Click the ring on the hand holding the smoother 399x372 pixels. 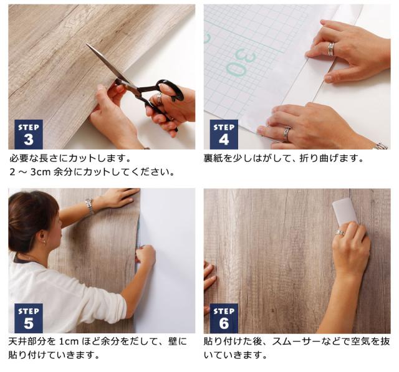340,233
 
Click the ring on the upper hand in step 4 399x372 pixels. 331,49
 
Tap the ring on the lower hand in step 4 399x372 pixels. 287,133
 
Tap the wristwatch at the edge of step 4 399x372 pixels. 380,146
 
